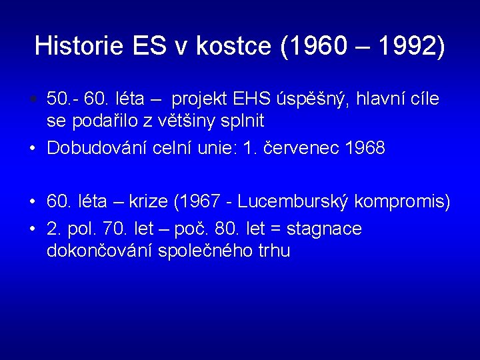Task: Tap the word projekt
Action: point(199,100)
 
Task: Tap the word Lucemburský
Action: point(296,201)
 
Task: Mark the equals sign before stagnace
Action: point(275,229)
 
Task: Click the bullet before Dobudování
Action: point(32,149)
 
